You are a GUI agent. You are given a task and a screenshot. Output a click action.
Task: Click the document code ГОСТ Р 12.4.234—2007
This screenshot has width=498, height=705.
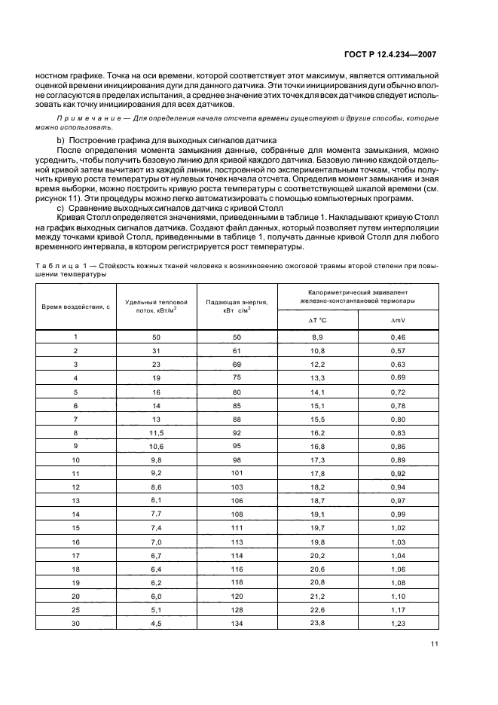pyautogui.click(x=395, y=55)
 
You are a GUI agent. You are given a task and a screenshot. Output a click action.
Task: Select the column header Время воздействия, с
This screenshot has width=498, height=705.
pyautogui.click(x=76, y=307)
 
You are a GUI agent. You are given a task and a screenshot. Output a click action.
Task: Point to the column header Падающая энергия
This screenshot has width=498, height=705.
pyautogui.click(x=237, y=306)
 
